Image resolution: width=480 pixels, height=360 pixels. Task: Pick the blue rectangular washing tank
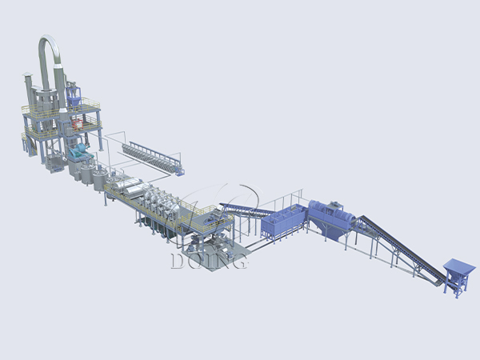click(283, 221)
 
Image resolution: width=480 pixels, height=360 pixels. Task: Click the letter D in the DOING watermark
click(178, 261)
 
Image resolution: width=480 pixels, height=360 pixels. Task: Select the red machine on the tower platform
click(78, 124)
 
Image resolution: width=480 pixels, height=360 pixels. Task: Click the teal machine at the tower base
click(80, 152)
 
